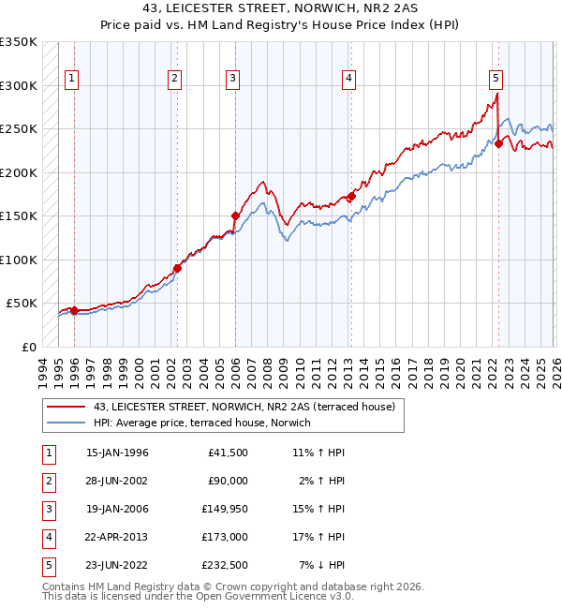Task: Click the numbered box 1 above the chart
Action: click(72, 80)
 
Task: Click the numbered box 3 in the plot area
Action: click(231, 80)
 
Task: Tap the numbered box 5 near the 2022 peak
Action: click(495, 80)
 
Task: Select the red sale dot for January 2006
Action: click(235, 216)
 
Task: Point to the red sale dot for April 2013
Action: click(351, 197)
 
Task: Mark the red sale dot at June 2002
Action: click(177, 268)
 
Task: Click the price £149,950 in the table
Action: click(223, 509)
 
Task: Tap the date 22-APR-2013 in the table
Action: click(117, 537)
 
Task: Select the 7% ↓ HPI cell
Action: click(322, 565)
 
